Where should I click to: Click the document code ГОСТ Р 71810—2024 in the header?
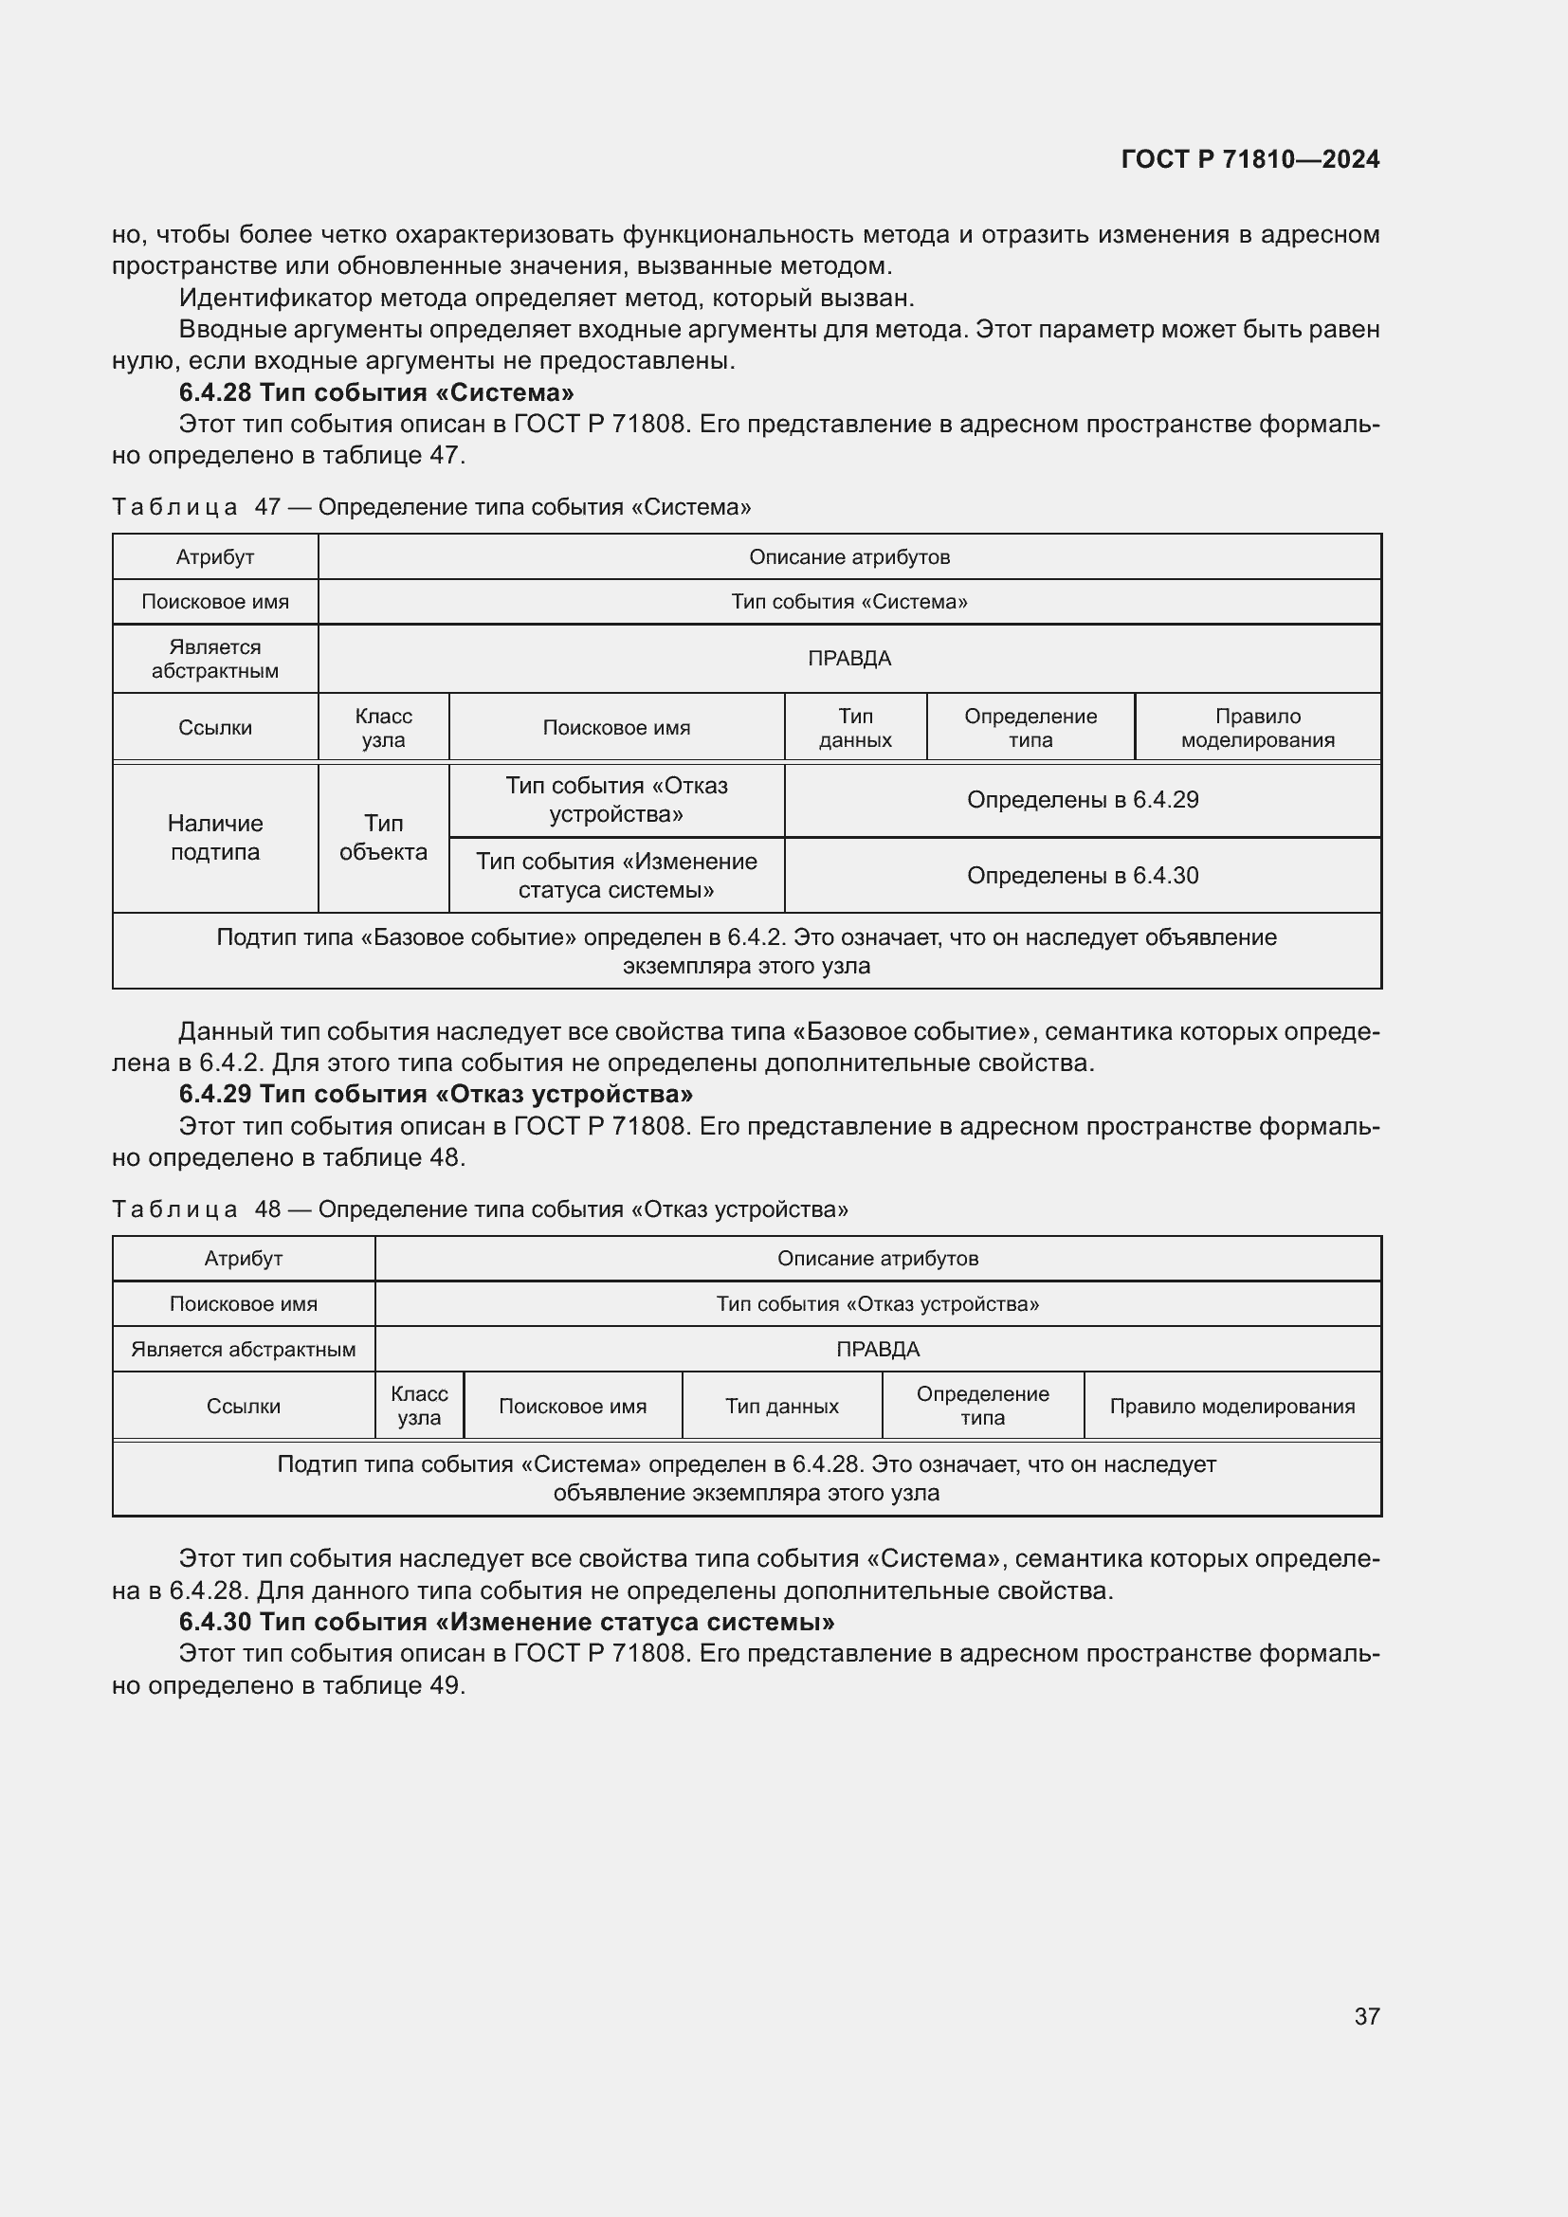[1249, 159]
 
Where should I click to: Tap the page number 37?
[1366, 2016]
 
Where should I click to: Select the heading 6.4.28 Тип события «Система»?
[375, 392]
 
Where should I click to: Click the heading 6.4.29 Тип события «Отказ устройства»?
[435, 1094]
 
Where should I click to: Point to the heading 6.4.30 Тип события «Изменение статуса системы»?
[506, 1621]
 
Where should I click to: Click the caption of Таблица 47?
[430, 507]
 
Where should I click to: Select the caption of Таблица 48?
[479, 1208]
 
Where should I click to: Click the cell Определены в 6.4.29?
[1083, 800]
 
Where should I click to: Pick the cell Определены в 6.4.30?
[1083, 876]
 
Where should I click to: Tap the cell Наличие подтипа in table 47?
[215, 837]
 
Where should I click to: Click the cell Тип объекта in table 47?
[383, 837]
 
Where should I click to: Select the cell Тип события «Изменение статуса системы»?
[616, 875]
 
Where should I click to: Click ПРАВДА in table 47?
[848, 659]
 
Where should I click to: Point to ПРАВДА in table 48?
[877, 1349]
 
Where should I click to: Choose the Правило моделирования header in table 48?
[1231, 1406]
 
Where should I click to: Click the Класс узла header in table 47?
[383, 728]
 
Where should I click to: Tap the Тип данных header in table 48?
[781, 1406]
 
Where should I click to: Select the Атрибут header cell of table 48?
[244, 1258]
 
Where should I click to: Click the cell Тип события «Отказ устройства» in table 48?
[877, 1303]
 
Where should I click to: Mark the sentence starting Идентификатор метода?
[545, 298]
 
